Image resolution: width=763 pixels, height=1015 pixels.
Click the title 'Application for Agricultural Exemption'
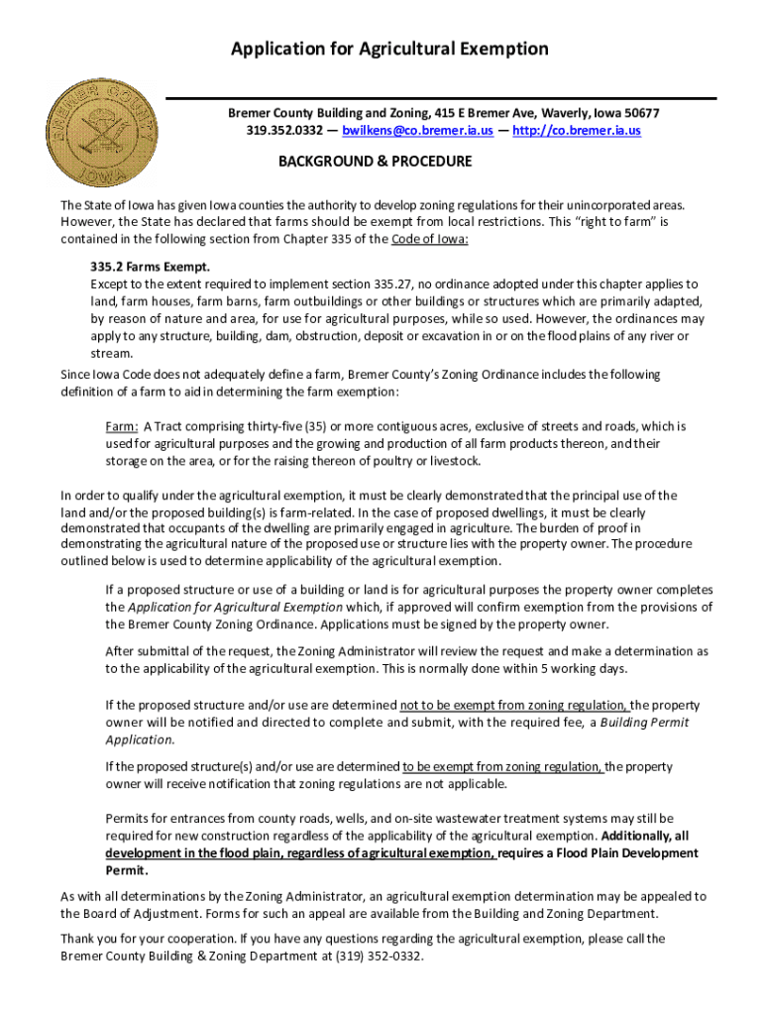tap(389, 49)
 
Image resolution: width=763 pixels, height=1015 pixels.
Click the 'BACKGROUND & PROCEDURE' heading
tap(375, 162)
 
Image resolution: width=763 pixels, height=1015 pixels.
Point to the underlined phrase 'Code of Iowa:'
tap(430, 240)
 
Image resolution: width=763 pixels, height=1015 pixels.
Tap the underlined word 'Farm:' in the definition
tap(122, 426)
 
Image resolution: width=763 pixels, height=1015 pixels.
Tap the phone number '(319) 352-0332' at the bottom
tap(375, 956)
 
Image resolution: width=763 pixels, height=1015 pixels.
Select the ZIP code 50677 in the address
tap(640, 113)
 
